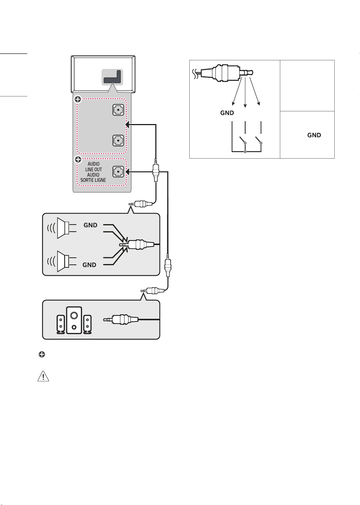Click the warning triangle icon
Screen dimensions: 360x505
(43, 376)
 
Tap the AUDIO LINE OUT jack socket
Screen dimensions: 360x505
(118, 172)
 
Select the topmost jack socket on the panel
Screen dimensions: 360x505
(118, 110)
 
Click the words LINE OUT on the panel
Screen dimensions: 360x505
(94, 169)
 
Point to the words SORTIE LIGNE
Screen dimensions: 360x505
(93, 180)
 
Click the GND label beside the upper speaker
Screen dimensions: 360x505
(90, 225)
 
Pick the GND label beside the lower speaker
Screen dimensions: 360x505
(89, 265)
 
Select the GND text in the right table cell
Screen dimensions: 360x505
(314, 135)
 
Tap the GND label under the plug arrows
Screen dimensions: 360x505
(227, 113)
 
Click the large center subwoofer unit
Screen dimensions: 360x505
(74, 320)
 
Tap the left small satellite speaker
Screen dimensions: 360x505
(60, 324)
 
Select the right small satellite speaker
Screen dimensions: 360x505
(88, 324)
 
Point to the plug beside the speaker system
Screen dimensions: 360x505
(121, 320)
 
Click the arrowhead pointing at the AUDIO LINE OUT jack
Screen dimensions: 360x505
(127, 172)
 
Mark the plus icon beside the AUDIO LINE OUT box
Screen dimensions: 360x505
(78, 159)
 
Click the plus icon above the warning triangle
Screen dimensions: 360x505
(42, 355)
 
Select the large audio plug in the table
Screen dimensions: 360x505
(223, 73)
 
